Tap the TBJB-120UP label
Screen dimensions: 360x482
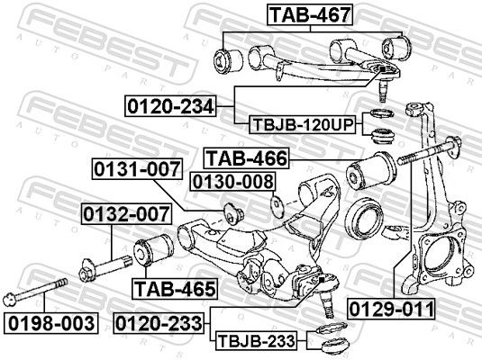point(303,124)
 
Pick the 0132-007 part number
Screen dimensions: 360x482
point(127,215)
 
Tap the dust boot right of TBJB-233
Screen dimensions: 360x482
point(333,342)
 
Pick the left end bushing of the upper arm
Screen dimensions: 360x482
point(225,61)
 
